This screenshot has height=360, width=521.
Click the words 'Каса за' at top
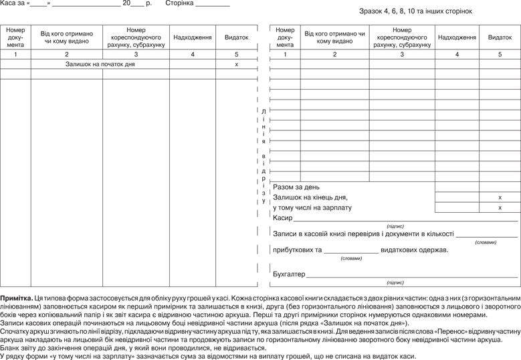coord(13,3)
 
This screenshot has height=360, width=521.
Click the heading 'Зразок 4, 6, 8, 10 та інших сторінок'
coord(415,11)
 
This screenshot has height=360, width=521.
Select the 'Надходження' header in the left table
coord(193,37)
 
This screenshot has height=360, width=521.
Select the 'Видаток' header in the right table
coord(500,37)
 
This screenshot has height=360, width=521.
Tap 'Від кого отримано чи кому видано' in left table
coord(66,37)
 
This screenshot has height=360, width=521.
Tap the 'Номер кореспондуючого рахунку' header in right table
coord(402,37)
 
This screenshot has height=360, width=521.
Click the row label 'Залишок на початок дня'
coord(100,64)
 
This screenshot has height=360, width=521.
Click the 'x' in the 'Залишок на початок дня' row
coord(236,64)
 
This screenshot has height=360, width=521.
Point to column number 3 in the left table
coord(136,54)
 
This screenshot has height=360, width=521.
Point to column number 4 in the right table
coord(457,54)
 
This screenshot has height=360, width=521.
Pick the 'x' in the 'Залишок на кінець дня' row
coord(500,197)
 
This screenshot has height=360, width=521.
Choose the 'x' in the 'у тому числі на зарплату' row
coord(500,208)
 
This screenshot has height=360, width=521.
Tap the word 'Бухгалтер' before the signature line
coord(289,274)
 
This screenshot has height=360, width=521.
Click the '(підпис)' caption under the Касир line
coord(395,226)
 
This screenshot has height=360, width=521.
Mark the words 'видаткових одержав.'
coord(414,250)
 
